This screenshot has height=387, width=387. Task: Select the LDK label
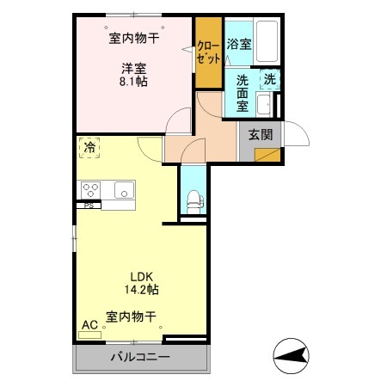click(141, 276)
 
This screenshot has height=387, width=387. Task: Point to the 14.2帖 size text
click(141, 291)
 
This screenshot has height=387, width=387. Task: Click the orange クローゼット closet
click(207, 54)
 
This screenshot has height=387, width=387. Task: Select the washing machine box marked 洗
click(269, 79)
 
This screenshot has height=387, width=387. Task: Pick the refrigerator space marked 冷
click(89, 147)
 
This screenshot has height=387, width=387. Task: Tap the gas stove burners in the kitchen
click(91, 189)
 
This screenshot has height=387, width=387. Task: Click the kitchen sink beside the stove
click(121, 190)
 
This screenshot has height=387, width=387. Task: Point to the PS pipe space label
click(88, 206)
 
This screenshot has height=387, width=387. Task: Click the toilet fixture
click(193, 200)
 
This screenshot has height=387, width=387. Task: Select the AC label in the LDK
click(89, 325)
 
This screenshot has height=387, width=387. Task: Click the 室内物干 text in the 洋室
click(133, 38)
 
